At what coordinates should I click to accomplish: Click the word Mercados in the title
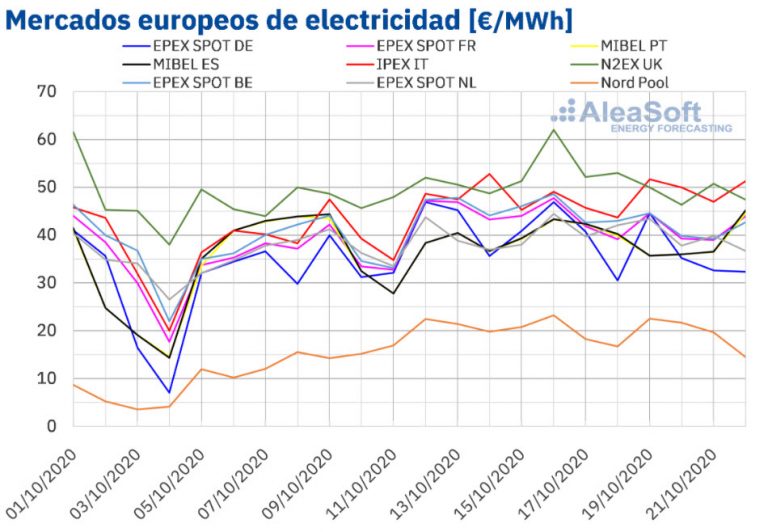(70, 19)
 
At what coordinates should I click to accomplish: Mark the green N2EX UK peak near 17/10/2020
(553, 129)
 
